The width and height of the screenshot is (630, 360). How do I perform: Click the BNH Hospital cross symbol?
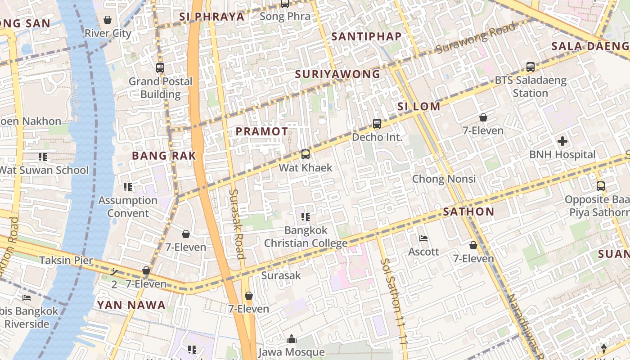click(562, 142)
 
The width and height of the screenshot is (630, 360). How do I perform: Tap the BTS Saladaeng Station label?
click(530, 87)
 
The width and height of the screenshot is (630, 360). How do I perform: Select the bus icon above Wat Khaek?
click(306, 154)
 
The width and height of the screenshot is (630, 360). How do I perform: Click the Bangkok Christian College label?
click(306, 237)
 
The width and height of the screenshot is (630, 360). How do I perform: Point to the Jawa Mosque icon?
click(292, 339)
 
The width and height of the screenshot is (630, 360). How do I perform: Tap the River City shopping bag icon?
click(108, 20)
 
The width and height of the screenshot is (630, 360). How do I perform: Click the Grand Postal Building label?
click(160, 88)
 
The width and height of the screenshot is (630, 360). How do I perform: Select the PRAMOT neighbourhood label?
click(262, 131)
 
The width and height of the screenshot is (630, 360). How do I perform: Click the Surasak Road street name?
click(237, 224)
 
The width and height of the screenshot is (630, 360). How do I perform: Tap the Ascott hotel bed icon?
click(423, 238)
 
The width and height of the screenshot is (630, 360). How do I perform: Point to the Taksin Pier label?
click(66, 260)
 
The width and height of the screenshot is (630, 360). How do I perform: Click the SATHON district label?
click(468, 211)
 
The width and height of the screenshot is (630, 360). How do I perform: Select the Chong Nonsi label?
click(444, 179)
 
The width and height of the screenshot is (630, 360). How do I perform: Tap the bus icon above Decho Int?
click(377, 123)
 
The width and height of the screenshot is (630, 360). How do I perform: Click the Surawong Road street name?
click(476, 38)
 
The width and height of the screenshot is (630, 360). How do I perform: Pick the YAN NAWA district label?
click(131, 305)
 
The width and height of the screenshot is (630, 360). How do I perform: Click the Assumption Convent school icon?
click(128, 187)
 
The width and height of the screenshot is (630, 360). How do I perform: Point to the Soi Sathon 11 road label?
click(395, 301)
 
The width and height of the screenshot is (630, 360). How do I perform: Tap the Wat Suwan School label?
click(44, 170)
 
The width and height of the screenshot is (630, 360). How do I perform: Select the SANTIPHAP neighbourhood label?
click(366, 37)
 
